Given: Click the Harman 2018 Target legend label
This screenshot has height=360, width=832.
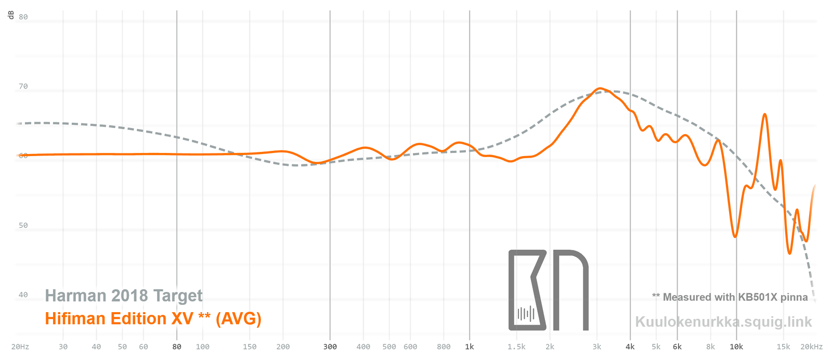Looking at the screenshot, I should point(124,295).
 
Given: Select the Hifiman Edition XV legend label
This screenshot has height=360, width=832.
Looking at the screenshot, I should point(153,318).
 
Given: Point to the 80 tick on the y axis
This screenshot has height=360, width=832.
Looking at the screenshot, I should point(23,17).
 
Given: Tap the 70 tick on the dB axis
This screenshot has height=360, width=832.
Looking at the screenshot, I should point(23,86).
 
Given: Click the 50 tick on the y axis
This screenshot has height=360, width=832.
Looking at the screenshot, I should point(23,225).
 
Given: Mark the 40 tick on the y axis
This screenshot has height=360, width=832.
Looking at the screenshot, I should point(23,294).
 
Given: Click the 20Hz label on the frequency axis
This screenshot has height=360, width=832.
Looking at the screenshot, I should point(20,346).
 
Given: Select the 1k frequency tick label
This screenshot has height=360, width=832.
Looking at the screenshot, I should point(470,346).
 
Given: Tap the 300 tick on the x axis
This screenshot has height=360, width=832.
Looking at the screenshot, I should point(330,346).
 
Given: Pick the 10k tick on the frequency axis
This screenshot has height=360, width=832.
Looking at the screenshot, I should point(736,346).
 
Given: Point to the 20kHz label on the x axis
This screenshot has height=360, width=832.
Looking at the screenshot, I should point(811,346).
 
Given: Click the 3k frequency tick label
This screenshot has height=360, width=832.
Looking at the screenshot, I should point(597,346).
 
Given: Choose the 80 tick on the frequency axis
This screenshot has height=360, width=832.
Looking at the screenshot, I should point(177,346).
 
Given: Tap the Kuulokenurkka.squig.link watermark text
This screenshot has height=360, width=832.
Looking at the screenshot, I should point(723,322).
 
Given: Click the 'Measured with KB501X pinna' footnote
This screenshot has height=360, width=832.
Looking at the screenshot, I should point(730,297).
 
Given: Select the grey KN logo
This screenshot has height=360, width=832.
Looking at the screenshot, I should point(548,290).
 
